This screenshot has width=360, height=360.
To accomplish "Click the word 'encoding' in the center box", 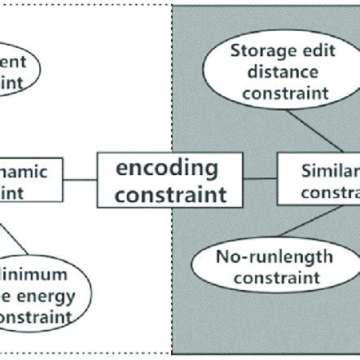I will point(167,169).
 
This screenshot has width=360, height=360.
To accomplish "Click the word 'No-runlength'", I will point(262,258).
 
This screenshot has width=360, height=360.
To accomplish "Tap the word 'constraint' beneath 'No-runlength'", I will point(262,279).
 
